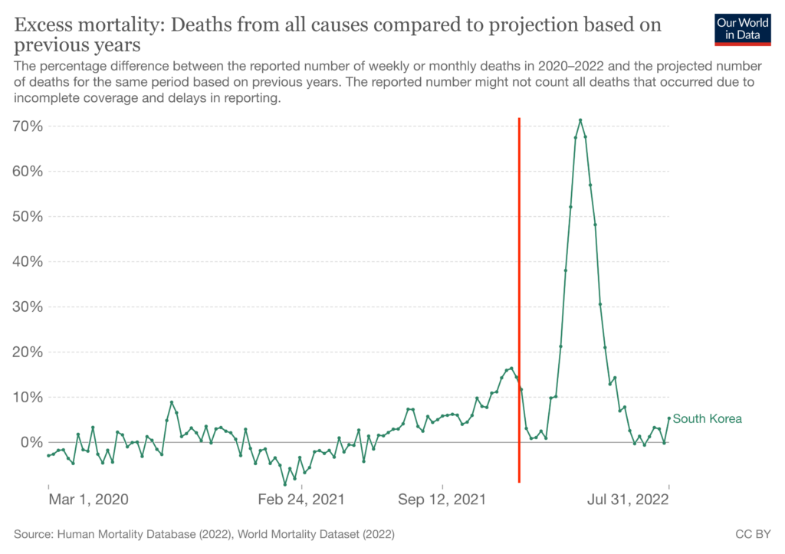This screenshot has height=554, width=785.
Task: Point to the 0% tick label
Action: (32, 442)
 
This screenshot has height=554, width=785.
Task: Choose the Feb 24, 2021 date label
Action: (301, 500)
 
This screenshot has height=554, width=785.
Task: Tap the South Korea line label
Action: (707, 419)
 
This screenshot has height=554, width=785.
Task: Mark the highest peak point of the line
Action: (580, 120)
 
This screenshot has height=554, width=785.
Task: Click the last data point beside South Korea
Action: (669, 418)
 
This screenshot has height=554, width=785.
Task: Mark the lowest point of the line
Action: (285, 484)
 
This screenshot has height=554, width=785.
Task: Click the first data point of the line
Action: (48, 456)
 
